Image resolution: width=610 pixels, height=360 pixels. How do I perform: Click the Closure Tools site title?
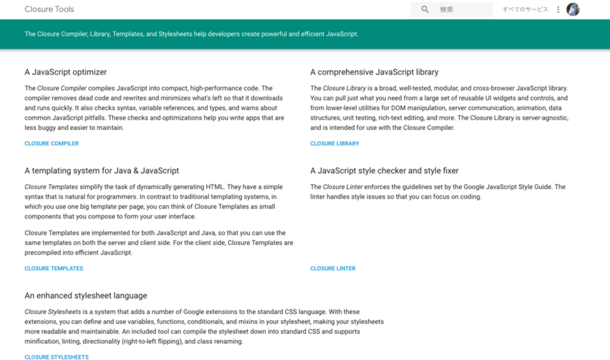pyautogui.click(x=49, y=9)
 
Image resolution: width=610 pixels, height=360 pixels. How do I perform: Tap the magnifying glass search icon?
pyautogui.click(x=425, y=9)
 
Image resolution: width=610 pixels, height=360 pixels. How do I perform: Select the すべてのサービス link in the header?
pyautogui.click(x=525, y=9)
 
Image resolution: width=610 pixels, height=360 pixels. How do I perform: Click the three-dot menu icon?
pyautogui.click(x=558, y=9)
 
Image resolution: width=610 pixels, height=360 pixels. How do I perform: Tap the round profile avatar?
pyautogui.click(x=573, y=9)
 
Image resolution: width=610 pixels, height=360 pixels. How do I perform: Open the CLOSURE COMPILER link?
pyautogui.click(x=52, y=144)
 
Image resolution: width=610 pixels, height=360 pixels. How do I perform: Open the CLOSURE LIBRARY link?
pyautogui.click(x=335, y=144)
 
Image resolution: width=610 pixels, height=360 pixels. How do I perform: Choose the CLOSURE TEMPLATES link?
pyautogui.click(x=53, y=268)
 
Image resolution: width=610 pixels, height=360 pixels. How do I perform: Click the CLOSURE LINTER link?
pyautogui.click(x=333, y=268)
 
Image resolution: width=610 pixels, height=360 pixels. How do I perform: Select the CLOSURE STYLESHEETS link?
pyautogui.click(x=56, y=357)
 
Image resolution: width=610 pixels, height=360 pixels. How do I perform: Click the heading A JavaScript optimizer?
pyautogui.click(x=66, y=72)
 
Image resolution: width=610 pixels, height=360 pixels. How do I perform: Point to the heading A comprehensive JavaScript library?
pyautogui.click(x=374, y=72)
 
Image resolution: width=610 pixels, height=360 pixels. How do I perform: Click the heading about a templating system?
pyautogui.click(x=102, y=171)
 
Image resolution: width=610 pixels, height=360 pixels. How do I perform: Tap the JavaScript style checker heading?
pyautogui.click(x=384, y=171)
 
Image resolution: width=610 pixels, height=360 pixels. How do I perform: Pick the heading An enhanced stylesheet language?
pyautogui.click(x=86, y=296)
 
